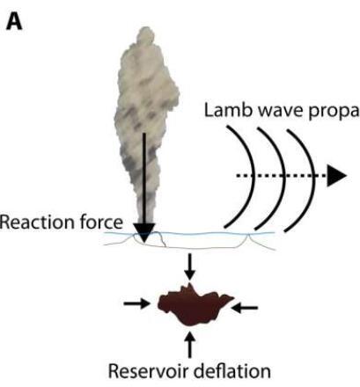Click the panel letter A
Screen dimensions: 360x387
pyautogui.click(x=14, y=22)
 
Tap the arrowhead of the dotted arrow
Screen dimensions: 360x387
pyautogui.click(x=337, y=176)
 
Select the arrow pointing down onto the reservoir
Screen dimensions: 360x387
pyautogui.click(x=190, y=267)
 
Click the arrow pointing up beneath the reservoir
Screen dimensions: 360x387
pyautogui.click(x=190, y=344)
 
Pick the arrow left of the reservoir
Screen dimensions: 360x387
pyautogui.click(x=136, y=303)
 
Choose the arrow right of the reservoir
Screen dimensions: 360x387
pyautogui.click(x=245, y=308)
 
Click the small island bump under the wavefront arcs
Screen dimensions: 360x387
pyautogui.click(x=249, y=237)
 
